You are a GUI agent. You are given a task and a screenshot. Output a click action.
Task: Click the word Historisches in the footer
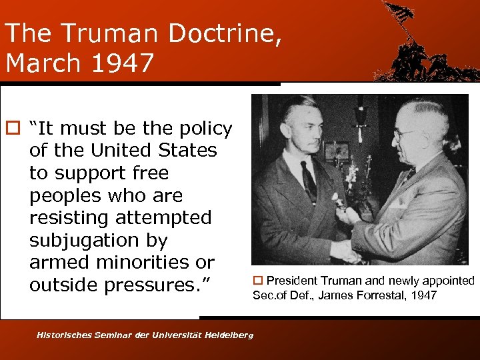point(67,335)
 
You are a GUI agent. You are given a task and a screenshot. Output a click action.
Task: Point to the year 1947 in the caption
point(424,295)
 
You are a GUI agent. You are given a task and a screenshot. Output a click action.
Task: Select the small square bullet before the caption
point(257,281)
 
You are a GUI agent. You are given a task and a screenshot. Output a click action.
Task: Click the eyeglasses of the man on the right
point(404,133)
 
